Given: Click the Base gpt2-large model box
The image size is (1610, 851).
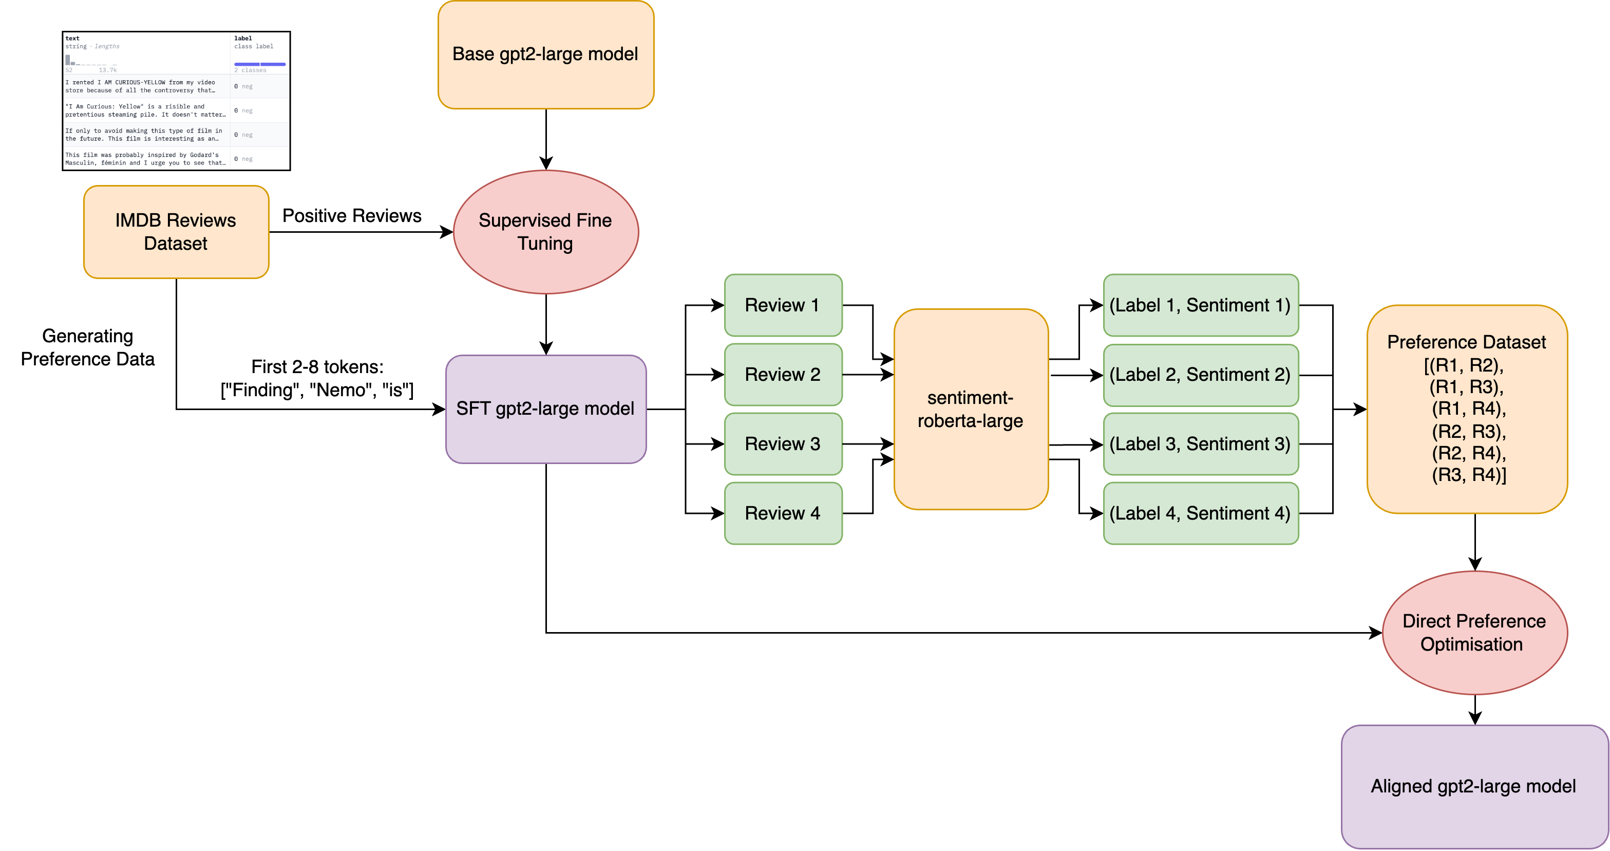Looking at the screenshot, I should (x=545, y=55).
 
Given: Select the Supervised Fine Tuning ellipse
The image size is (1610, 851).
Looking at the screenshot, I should (x=545, y=232).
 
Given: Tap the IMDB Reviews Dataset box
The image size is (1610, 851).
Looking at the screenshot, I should (x=176, y=232).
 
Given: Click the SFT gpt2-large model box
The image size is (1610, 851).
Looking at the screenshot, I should (x=545, y=409).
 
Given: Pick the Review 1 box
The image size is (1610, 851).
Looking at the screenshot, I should (x=783, y=305).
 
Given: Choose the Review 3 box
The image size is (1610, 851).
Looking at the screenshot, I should (x=783, y=444).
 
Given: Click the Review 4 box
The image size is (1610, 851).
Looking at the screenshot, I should (x=783, y=513).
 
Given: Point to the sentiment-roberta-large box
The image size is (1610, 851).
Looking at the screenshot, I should (x=970, y=410).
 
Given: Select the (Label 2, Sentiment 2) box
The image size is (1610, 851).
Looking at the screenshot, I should (x=1200, y=375).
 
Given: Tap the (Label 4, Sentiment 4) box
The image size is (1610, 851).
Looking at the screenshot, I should (x=1200, y=513).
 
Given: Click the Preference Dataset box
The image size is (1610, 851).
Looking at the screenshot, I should (x=1466, y=409).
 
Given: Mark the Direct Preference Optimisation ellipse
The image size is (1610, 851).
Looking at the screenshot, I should (x=1474, y=632).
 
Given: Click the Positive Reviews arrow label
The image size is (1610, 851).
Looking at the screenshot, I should (x=352, y=216).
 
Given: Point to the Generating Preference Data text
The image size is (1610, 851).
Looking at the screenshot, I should (x=87, y=348).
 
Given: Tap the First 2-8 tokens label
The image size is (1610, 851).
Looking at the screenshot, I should (x=317, y=367).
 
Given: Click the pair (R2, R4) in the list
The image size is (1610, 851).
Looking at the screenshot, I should (x=1469, y=453).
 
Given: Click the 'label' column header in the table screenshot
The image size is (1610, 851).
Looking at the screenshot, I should (x=243, y=38).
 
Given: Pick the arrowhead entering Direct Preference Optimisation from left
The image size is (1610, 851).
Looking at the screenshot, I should (x=1376, y=633).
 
